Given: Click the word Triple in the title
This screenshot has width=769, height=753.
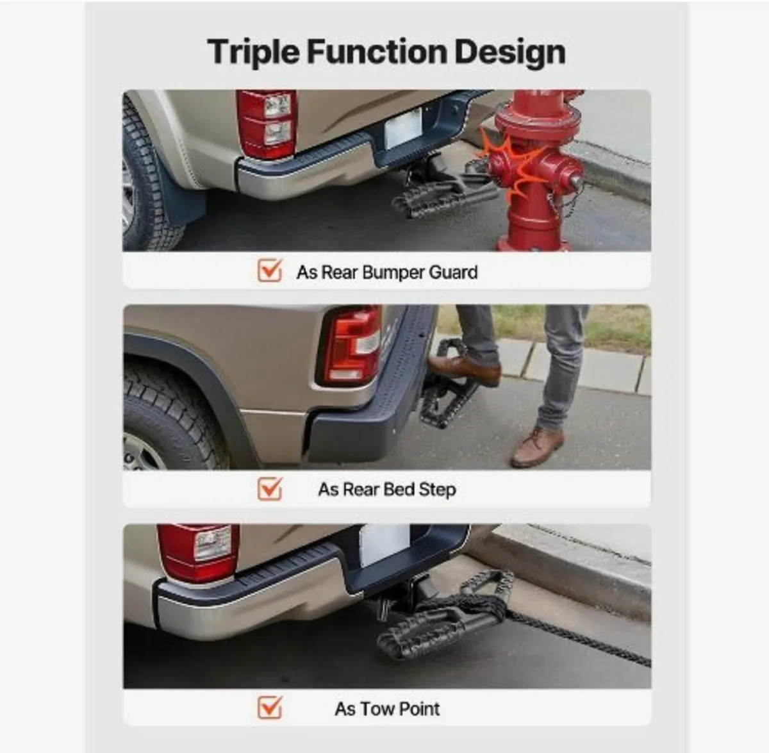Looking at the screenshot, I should click(x=253, y=53).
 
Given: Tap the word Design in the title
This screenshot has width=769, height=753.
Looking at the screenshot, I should click(x=509, y=53).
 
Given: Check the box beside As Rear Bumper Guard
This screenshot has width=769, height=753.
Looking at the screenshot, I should click(x=269, y=271).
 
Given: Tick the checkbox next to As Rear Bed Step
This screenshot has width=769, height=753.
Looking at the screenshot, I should click(x=269, y=489).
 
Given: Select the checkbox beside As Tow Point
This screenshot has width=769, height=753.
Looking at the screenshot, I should click(x=269, y=708).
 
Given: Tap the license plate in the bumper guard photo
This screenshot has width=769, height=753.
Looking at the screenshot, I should click(x=402, y=128).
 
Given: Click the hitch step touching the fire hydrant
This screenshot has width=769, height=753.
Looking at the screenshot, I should click(x=442, y=192).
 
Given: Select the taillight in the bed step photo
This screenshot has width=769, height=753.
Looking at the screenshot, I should click(x=352, y=346).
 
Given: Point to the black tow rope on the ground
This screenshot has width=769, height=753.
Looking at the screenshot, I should click(x=577, y=638).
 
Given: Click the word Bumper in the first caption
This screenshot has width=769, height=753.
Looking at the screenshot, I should click(x=393, y=272).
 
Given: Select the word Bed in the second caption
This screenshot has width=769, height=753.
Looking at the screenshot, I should click(x=399, y=490).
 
